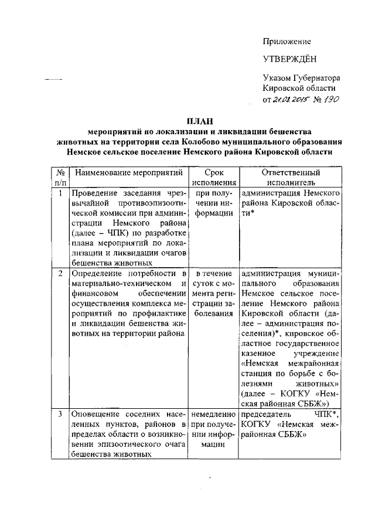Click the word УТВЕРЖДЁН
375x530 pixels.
(x=289, y=59)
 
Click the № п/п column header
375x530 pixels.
(x=59, y=178)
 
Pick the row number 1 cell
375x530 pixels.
(x=59, y=193)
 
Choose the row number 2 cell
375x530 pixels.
(x=59, y=273)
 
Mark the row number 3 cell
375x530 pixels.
(x=59, y=414)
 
